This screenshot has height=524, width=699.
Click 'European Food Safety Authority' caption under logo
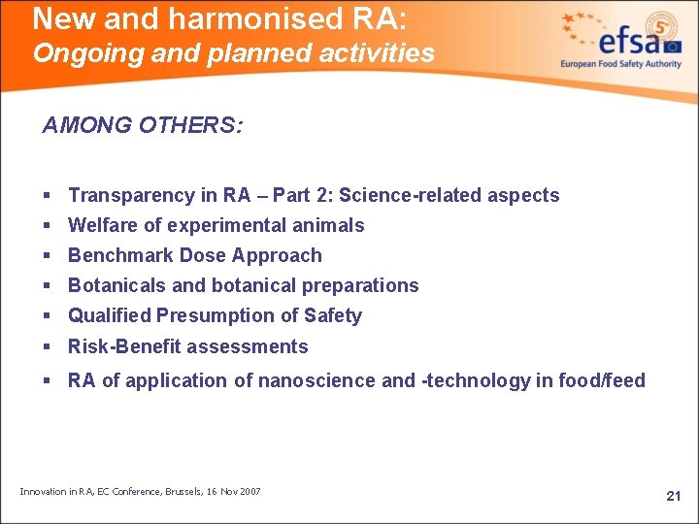[x=620, y=65]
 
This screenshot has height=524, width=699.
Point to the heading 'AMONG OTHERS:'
[x=143, y=126]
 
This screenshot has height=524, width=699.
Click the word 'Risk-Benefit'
[x=123, y=346]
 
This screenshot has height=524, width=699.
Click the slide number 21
[x=674, y=496]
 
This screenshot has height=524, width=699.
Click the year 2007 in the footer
[x=249, y=492]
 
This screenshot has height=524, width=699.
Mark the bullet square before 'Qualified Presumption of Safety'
[x=48, y=316]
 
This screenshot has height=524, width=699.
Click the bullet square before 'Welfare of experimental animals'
[x=48, y=226]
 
